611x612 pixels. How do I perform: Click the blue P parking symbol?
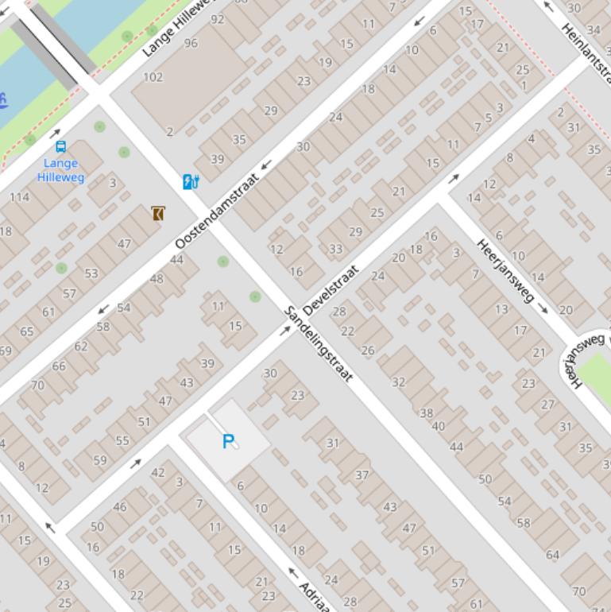point(229,441)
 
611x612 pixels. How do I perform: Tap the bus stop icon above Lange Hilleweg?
point(60,146)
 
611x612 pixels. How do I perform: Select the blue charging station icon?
point(191,182)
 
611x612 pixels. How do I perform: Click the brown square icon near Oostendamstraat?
point(158,213)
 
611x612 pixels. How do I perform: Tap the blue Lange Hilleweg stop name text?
point(60,170)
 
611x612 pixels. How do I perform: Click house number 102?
point(153,77)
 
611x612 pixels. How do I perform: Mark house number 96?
point(191,43)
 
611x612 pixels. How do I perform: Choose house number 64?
point(552,554)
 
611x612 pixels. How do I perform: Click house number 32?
point(398,382)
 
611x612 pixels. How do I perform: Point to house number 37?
point(362,474)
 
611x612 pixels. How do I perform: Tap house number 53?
point(91,273)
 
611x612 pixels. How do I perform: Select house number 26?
point(367,351)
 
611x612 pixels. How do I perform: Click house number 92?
point(217,19)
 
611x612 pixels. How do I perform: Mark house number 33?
point(335,249)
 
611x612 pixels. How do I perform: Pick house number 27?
point(547,405)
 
